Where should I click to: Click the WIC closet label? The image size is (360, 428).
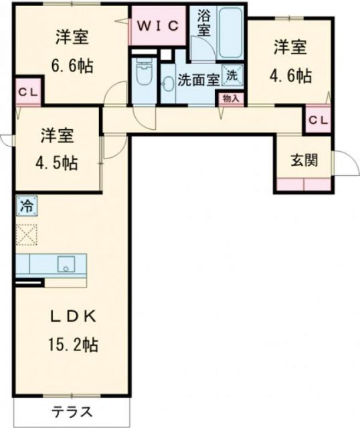pyautogui.click(x=159, y=25)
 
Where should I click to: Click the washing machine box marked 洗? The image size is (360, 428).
pyautogui.click(x=232, y=76)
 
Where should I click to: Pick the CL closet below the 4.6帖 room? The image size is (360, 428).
pyautogui.click(x=318, y=120)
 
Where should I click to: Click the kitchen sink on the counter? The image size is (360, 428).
pyautogui.click(x=68, y=265)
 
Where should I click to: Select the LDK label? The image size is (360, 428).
pyautogui.click(x=74, y=316)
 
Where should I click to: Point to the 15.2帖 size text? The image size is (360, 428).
pyautogui.click(x=74, y=345)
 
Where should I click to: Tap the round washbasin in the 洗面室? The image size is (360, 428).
pyautogui.click(x=169, y=83)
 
